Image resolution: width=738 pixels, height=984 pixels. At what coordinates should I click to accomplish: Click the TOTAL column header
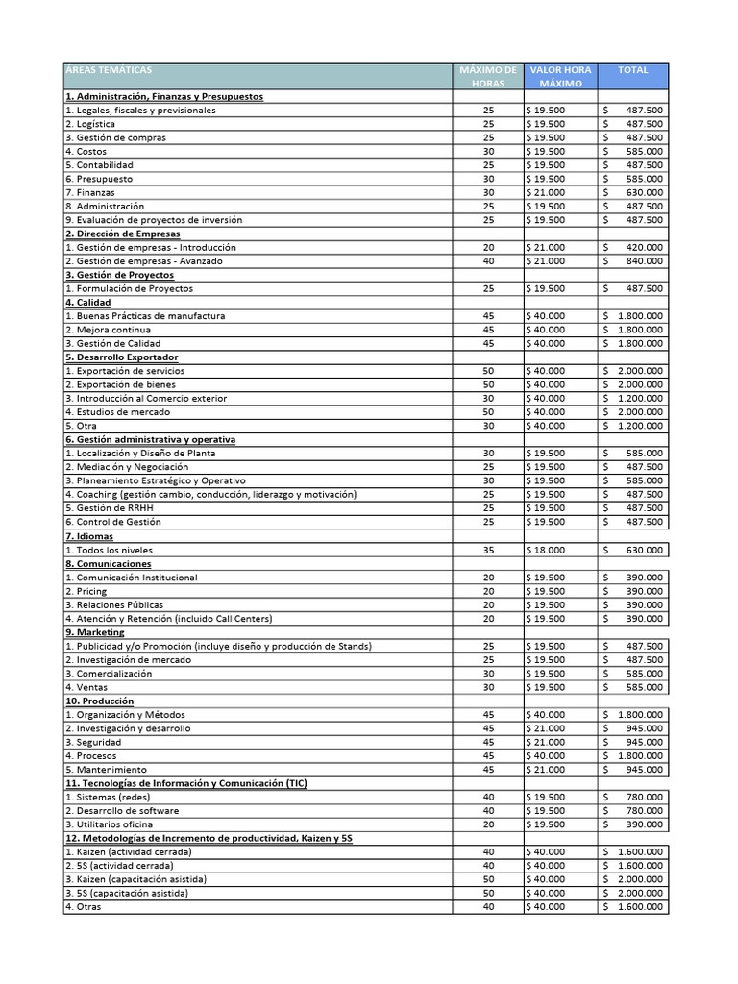coord(633,70)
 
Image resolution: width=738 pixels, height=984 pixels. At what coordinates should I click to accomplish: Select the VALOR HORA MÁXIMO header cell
coord(561,77)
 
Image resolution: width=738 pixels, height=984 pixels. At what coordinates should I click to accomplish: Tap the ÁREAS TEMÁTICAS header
coord(109,70)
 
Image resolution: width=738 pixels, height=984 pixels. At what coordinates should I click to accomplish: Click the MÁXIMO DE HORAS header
coord(488,77)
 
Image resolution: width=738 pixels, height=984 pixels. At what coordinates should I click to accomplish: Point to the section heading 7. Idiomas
coord(89,536)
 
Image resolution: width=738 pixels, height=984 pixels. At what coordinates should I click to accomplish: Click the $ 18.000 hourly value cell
coord(547,550)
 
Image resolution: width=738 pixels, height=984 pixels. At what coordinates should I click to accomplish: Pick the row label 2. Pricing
coord(86,591)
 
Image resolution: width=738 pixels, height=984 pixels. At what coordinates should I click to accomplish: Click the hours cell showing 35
coord(488,550)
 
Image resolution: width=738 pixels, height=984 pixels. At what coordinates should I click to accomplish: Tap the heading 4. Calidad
coord(87,303)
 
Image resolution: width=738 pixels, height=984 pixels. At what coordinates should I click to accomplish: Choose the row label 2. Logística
coord(90,124)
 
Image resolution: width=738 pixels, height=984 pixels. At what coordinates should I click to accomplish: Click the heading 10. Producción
coord(99,701)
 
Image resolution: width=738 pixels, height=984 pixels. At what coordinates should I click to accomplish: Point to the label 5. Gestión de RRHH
coord(112,508)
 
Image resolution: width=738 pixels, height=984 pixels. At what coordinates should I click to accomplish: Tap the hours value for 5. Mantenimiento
coord(488,770)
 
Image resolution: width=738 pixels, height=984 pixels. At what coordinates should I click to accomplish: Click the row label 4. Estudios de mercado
coord(117,412)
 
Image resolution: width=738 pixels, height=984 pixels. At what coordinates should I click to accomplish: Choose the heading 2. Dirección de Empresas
coord(122,234)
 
